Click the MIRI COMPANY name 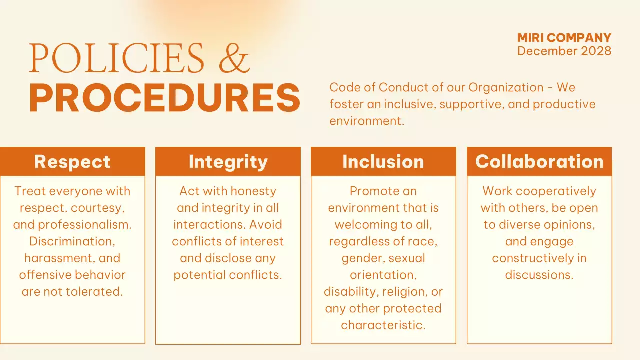(x=564, y=38)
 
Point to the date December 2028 (x=564, y=51)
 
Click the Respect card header (x=72, y=162)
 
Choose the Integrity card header (x=228, y=162)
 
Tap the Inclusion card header (x=383, y=162)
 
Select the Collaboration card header (x=539, y=162)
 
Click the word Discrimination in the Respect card (x=72, y=241)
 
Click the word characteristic (x=383, y=325)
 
